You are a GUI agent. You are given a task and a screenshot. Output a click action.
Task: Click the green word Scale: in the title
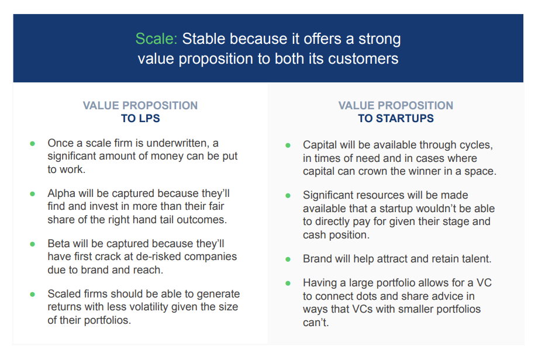[x=156, y=39]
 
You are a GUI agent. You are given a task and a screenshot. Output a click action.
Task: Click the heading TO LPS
[x=140, y=118]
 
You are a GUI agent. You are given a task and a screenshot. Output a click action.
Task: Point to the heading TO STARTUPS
[x=396, y=118]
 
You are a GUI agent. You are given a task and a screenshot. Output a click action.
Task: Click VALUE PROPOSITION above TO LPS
[x=140, y=105]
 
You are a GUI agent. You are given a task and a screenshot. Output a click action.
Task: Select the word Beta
[x=58, y=244]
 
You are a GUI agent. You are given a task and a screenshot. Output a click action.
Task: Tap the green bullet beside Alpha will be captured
[x=32, y=194]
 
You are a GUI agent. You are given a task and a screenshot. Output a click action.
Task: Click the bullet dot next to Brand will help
[x=288, y=259]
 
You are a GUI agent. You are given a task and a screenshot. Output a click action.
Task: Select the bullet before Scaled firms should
[x=32, y=295]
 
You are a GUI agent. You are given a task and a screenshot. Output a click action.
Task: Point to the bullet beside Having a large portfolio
[x=288, y=283]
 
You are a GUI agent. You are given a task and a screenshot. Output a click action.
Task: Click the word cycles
[x=477, y=146]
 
